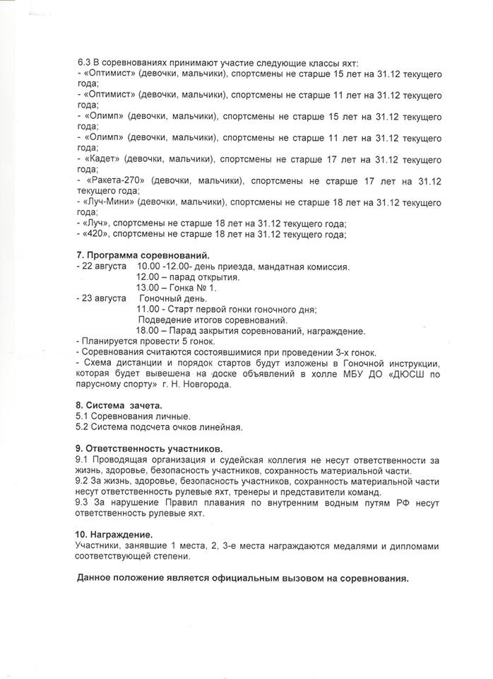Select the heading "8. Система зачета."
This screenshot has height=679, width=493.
click(x=118, y=405)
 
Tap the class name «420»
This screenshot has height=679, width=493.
click(x=95, y=234)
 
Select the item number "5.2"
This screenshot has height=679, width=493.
click(x=83, y=427)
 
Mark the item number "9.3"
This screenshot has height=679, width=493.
click(x=83, y=503)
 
